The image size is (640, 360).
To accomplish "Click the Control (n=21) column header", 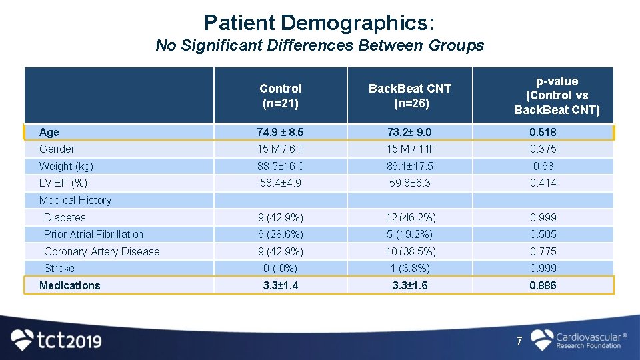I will [280, 95].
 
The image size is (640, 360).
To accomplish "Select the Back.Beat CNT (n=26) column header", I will [410, 95].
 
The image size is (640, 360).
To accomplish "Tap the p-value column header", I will [557, 95].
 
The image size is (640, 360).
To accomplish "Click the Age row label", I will [49, 132].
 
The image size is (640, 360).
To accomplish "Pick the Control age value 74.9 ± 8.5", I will [280, 132].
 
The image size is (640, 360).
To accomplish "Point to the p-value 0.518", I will [543, 132].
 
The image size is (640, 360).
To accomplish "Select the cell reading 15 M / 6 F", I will [280, 149].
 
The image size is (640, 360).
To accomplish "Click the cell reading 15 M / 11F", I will [410, 149].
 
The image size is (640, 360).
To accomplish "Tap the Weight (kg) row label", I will [66, 166].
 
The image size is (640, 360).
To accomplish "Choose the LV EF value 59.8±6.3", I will [410, 183].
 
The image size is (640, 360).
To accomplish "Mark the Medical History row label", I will [75, 200].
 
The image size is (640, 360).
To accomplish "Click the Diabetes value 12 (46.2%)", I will [410, 217].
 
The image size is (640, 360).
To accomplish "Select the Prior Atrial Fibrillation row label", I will [93, 234].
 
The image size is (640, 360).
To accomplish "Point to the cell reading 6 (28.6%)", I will [280, 234].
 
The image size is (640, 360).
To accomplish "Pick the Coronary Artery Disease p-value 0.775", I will [543, 251].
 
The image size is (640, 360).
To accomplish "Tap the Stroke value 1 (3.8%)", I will [410, 268].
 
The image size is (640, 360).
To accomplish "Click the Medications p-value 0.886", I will [543, 285].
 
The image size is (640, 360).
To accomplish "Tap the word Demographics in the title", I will [358, 23].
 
